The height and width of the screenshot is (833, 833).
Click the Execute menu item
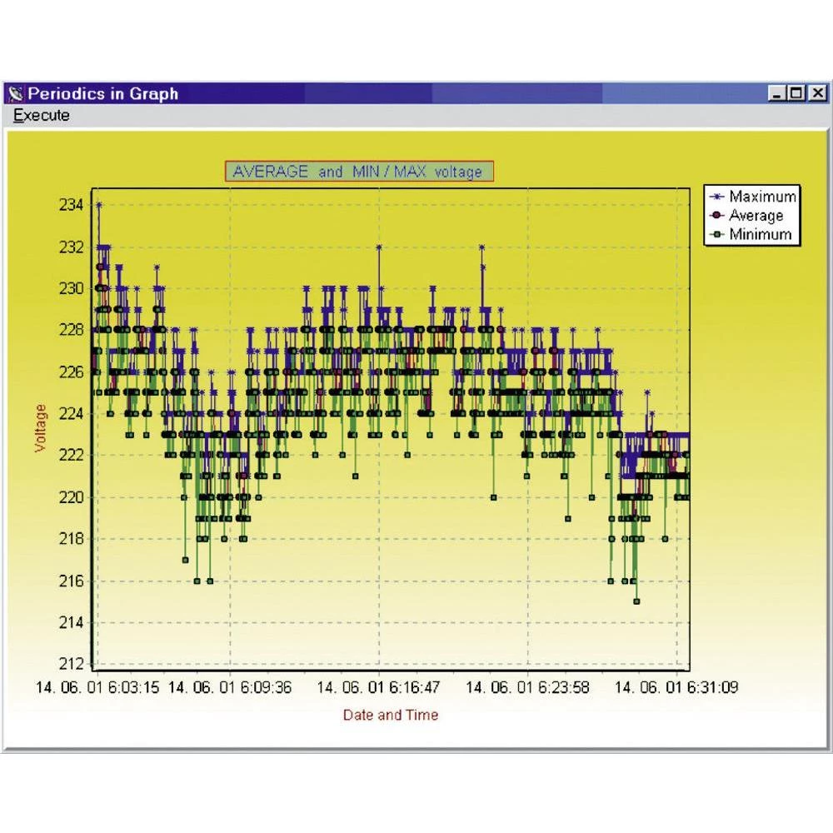(x=42, y=116)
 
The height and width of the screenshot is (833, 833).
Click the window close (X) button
(x=818, y=94)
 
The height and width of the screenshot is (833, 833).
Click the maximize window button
(x=797, y=94)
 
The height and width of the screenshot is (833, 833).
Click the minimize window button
(x=778, y=94)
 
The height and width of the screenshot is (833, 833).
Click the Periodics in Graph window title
(x=103, y=93)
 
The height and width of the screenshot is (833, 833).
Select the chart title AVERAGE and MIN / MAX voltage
(x=358, y=172)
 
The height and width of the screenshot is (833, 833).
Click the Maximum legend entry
(x=761, y=197)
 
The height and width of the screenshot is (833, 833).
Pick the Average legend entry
(x=756, y=216)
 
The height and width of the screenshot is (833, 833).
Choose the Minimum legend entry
(x=759, y=234)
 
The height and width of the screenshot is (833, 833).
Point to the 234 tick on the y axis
(x=72, y=205)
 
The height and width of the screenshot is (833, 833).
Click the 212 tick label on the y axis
(x=72, y=664)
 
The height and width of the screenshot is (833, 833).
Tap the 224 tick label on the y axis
(x=72, y=413)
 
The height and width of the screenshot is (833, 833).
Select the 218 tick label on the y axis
(x=72, y=539)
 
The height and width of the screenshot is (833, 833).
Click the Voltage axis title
(x=42, y=428)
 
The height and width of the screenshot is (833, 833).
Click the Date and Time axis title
(x=390, y=715)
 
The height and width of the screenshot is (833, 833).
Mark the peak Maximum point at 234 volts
(x=99, y=205)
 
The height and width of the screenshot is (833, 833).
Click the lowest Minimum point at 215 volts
(x=636, y=601)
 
